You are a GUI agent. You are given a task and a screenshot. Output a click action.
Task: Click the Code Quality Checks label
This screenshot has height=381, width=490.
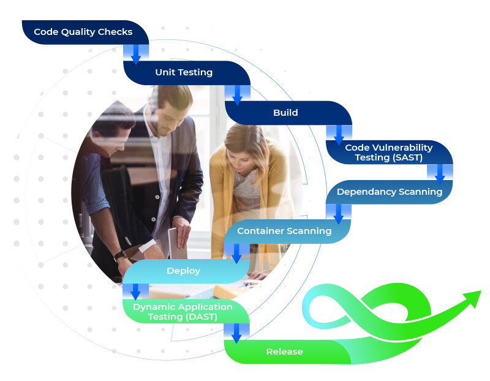coord(83,32)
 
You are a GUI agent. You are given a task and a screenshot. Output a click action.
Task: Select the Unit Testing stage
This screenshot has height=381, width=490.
coord(184,72)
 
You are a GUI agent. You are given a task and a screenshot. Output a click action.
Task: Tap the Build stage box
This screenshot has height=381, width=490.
coord(285,113)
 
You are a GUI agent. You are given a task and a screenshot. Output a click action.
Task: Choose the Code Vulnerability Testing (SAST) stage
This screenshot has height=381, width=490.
coord(388,153)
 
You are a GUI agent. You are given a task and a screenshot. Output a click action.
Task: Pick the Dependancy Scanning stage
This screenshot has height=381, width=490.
coord(389,192)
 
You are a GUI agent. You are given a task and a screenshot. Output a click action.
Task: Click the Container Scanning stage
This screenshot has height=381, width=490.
coord(284,231)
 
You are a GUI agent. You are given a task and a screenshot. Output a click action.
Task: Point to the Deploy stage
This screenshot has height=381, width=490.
coord(183,271)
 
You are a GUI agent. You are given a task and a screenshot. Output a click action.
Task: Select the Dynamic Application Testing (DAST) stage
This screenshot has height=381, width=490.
coord(183,311)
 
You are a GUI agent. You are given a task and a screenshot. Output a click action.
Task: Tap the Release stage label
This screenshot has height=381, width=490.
coord(284,352)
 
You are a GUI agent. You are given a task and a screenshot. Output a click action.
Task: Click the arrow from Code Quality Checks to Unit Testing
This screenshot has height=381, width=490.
coord(136,54)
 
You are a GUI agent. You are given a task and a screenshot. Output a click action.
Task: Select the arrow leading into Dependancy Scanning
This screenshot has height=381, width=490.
coord(440,173)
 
